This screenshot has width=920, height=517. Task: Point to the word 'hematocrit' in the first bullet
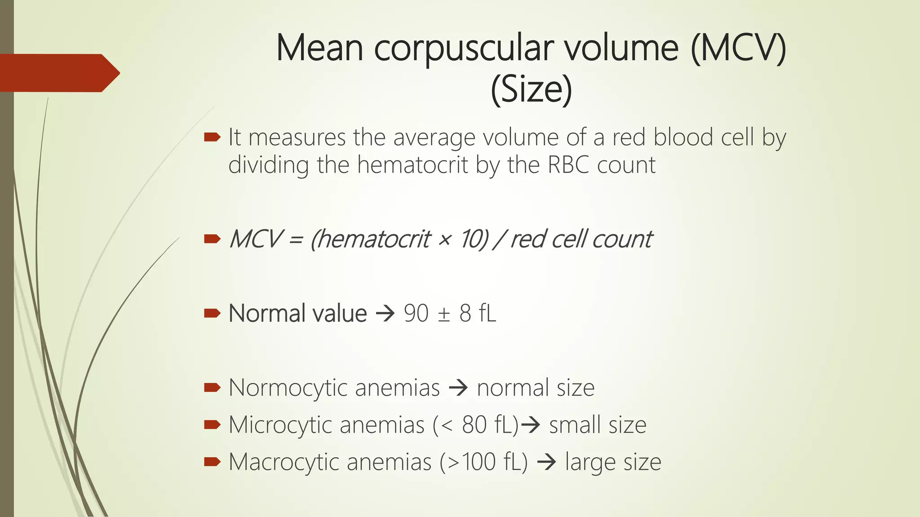pyautogui.click(x=413, y=165)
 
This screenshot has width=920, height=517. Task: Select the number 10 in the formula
pyautogui.click(x=473, y=239)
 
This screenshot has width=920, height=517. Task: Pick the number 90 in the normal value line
pyautogui.click(x=416, y=313)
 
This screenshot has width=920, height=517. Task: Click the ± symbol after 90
pyautogui.click(x=444, y=314)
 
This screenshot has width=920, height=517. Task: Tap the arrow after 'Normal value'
pyautogui.click(x=385, y=314)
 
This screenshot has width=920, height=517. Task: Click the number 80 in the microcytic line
pyautogui.click(x=474, y=425)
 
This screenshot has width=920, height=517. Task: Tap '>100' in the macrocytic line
pyautogui.click(x=470, y=462)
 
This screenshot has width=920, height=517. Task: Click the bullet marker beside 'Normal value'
pyautogui.click(x=212, y=313)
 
